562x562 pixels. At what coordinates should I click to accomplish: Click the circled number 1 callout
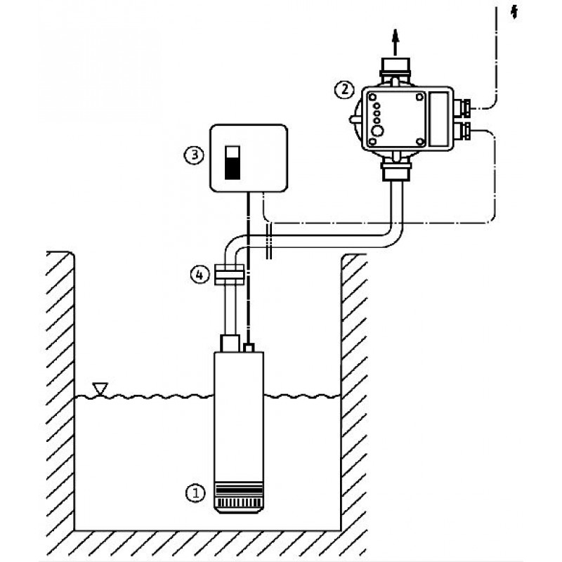click(x=195, y=493)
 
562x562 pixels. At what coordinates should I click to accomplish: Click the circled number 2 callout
click(x=344, y=89)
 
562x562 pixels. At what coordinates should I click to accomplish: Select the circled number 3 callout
click(x=194, y=155)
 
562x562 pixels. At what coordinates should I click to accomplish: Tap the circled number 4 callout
click(x=200, y=275)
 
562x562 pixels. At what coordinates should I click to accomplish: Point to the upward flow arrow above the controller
click(x=395, y=41)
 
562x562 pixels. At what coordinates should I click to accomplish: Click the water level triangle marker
click(x=100, y=388)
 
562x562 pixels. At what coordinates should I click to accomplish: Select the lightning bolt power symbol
click(x=514, y=13)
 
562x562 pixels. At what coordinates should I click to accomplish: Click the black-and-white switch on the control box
click(x=233, y=162)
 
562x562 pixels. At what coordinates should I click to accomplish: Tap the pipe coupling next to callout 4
click(x=230, y=275)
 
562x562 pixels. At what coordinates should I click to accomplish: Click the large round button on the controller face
click(x=377, y=131)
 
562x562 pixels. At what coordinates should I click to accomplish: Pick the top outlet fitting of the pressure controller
click(x=395, y=70)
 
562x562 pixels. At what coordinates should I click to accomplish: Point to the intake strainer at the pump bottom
click(x=238, y=497)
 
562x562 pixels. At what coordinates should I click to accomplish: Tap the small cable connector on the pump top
click(x=249, y=348)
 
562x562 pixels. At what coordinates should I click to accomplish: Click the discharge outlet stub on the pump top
click(x=230, y=344)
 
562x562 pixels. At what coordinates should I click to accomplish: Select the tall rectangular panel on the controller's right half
click(x=438, y=119)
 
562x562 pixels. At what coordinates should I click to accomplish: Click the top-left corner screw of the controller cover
click(x=373, y=97)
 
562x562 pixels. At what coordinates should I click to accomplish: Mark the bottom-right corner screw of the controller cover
click(x=419, y=142)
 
